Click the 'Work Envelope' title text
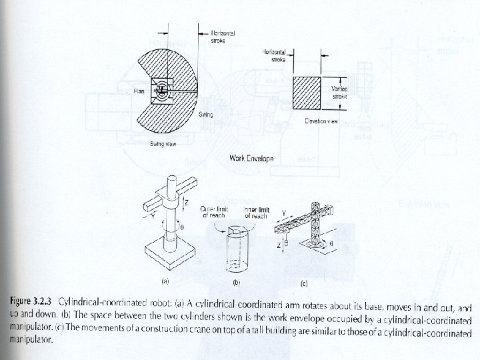pos(251,159)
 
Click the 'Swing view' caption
pos(163,145)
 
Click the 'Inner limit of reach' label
pos(256,213)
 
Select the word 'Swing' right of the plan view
pos(206,115)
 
